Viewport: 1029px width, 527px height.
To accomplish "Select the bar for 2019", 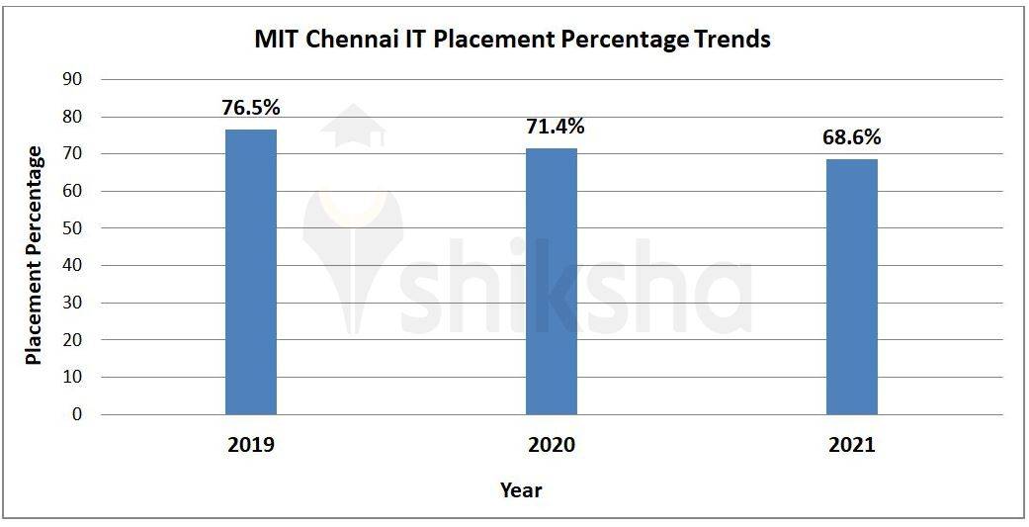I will (251, 272).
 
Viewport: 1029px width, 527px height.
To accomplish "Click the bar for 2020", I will (551, 282).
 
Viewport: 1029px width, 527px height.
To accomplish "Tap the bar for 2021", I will (851, 287).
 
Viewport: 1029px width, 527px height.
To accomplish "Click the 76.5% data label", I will (251, 108).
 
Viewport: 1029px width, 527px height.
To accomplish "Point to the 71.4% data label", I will (551, 127).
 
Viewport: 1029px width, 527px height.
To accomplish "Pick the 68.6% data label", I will (851, 137).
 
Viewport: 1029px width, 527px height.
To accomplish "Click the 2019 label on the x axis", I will (251, 445).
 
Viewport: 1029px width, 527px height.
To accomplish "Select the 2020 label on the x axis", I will (551, 445).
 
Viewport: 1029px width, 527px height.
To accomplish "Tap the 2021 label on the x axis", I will (851, 445).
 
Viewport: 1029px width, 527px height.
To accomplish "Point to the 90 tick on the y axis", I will (75, 79).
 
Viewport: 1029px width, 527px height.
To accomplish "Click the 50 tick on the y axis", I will (75, 228).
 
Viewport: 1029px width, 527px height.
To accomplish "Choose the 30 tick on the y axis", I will (75, 303).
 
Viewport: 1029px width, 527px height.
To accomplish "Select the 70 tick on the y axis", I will (75, 154).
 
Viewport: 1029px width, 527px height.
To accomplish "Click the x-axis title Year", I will (521, 489).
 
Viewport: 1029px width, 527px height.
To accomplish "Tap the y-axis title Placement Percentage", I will (35, 255).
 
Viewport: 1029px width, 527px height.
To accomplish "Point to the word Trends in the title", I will (731, 41).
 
